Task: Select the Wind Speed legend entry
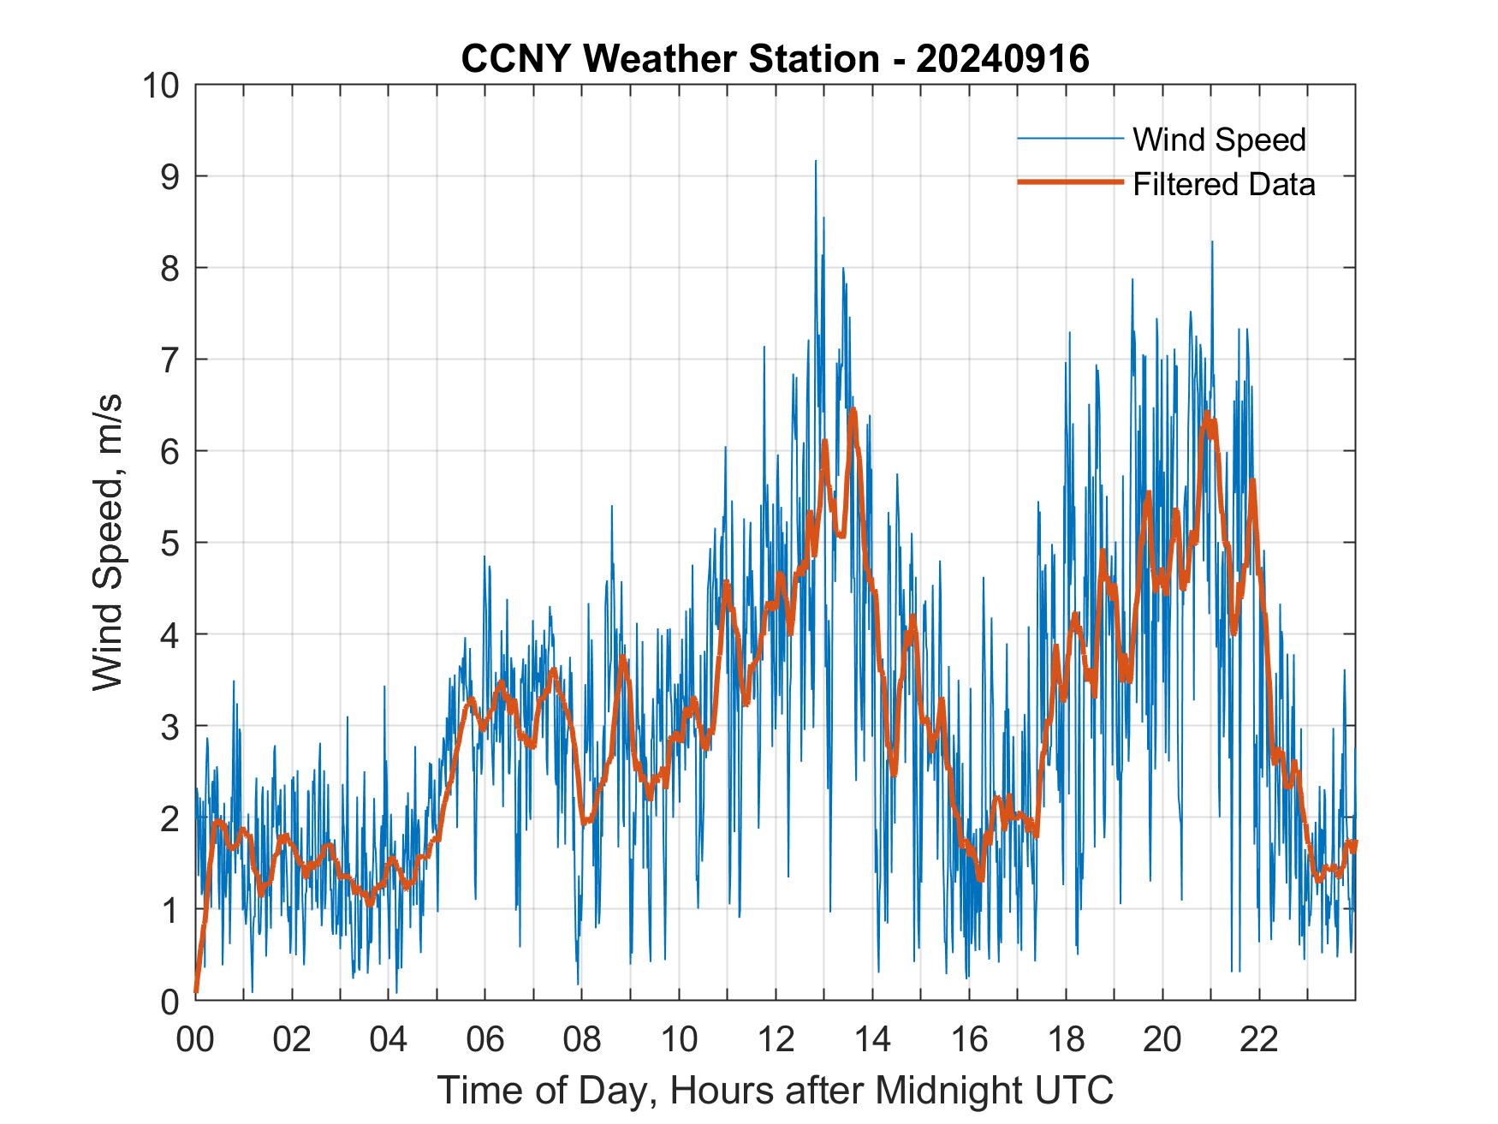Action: [x=1219, y=140]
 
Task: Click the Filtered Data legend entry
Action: [x=1223, y=184]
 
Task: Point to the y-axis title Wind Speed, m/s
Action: [x=109, y=542]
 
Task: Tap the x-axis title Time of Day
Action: [x=775, y=1091]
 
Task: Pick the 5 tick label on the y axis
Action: [x=169, y=543]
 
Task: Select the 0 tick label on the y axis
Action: [x=169, y=1001]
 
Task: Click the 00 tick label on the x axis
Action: [x=195, y=1040]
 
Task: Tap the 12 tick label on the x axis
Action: [x=776, y=1040]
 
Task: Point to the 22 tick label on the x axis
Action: [x=1259, y=1040]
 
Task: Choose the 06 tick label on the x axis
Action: [x=485, y=1040]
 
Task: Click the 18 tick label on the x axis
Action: [x=1066, y=1040]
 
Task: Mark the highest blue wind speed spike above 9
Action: [x=815, y=162]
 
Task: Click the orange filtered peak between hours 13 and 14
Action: [x=853, y=411]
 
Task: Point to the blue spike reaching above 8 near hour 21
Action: [x=1211, y=243]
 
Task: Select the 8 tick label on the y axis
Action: [x=169, y=268]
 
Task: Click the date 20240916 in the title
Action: [x=1002, y=59]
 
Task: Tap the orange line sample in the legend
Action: [x=1069, y=182]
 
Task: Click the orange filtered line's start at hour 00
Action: [x=197, y=990]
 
